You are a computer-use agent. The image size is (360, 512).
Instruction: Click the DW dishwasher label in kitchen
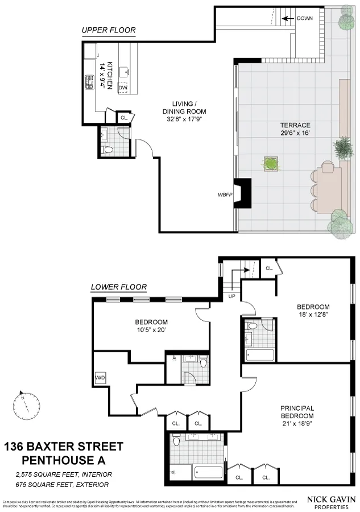point(123,87)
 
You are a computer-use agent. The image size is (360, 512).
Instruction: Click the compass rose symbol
point(27,406)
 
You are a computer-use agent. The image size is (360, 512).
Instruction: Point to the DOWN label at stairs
point(305,18)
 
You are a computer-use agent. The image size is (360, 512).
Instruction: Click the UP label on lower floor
point(231,296)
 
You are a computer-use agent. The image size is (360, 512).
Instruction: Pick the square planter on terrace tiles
point(271,163)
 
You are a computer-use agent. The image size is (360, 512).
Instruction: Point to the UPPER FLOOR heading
point(108,30)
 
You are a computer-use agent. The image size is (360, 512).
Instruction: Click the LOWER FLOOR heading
point(119,287)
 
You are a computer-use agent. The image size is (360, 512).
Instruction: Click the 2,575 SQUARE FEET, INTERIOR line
point(64,474)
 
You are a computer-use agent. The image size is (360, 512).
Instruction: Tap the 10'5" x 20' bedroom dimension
point(151,329)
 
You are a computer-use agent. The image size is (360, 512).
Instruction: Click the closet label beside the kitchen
point(124,118)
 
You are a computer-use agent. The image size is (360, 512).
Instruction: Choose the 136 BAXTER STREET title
point(64,447)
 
